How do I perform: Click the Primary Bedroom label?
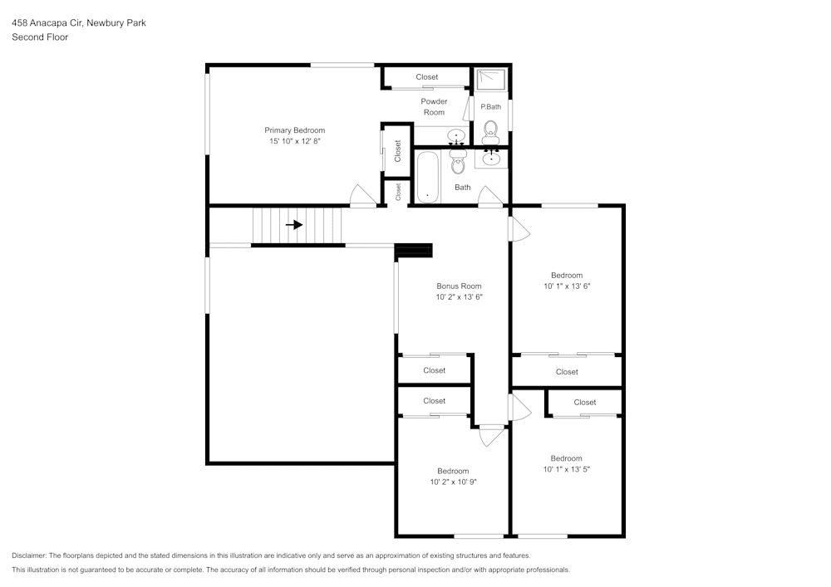(294, 130)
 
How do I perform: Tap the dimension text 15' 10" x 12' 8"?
(294, 142)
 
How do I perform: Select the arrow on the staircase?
(294, 224)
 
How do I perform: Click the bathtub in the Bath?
(428, 176)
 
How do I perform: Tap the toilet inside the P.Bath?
(490, 129)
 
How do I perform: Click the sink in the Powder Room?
(455, 135)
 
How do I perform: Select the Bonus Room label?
(459, 286)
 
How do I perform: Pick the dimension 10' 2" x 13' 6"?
(459, 297)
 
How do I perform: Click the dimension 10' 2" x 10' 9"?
(453, 482)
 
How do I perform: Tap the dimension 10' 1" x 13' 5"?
(566, 469)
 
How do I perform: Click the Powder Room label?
(434, 107)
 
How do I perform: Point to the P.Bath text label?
(490, 106)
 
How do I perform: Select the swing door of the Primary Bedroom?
(362, 197)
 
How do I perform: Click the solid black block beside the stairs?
(414, 250)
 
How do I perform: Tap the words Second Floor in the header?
(40, 37)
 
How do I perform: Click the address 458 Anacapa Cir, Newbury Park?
(79, 23)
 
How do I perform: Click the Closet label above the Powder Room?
(427, 77)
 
